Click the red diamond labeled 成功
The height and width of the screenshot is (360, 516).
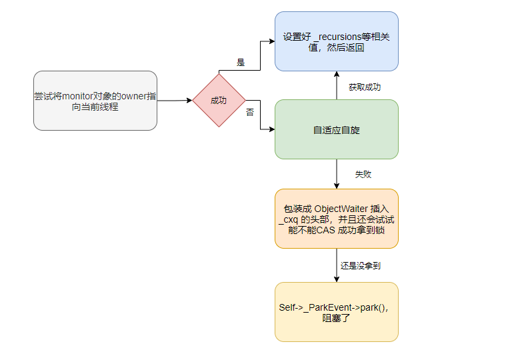coord(219,100)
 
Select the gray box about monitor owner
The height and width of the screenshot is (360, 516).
coord(95,101)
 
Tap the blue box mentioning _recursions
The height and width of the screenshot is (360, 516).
coord(337,41)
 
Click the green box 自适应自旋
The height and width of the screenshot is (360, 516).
coord(337,129)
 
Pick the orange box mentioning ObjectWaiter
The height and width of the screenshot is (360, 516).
coord(337,219)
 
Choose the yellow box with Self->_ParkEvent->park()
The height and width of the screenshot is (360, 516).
coord(337,312)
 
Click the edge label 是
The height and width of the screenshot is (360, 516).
coord(241,63)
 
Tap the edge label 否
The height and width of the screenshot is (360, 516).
coord(250,112)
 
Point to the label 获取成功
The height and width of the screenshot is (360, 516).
coord(365,87)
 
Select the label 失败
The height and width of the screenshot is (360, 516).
coord(363,175)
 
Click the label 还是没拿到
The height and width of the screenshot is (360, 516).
coord(361,265)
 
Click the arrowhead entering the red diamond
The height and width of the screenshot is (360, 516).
coord(189,100)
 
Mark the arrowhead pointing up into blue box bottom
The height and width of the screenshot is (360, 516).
coord(337,74)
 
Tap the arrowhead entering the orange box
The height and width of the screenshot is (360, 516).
coord(337,186)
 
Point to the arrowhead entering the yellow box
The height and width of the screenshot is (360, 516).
coord(337,279)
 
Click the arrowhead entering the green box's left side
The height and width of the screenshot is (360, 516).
coord(272,129)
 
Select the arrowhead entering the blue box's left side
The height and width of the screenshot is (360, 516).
coord(272,41)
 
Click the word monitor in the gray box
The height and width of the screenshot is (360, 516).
coord(77,96)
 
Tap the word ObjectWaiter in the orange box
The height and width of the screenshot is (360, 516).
coord(341,209)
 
